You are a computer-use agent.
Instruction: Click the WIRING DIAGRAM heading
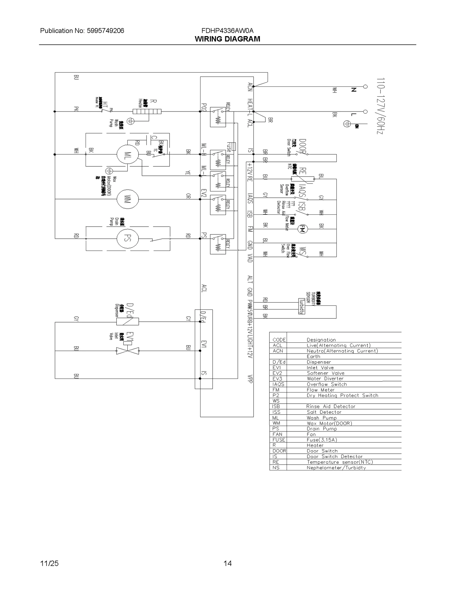click(227, 39)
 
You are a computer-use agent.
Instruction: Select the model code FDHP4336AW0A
click(227, 31)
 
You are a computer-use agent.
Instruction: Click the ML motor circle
click(127, 154)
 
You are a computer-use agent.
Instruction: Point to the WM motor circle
click(127, 199)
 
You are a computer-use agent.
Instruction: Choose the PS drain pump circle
click(127, 239)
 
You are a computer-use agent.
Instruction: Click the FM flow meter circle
click(302, 229)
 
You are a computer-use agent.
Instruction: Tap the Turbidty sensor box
click(301, 306)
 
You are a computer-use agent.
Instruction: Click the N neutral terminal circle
click(365, 86)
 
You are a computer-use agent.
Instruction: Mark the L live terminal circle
click(365, 111)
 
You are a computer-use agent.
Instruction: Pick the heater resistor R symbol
click(147, 111)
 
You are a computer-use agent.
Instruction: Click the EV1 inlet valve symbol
click(128, 351)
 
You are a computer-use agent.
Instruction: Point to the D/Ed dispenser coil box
click(127, 322)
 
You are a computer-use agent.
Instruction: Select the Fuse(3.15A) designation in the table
click(322, 440)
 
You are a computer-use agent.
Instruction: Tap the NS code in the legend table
click(276, 468)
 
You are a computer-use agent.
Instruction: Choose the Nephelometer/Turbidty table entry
click(336, 468)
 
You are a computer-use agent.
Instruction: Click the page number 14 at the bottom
click(227, 563)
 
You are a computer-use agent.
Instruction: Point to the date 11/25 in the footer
click(49, 563)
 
